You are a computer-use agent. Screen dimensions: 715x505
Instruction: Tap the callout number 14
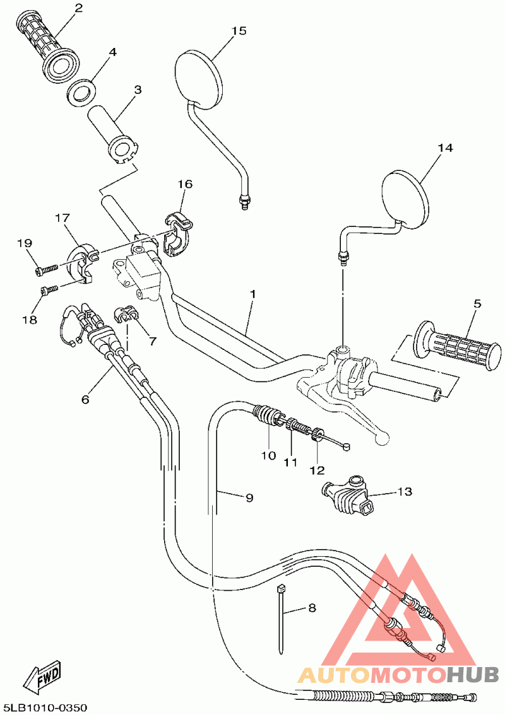click(446, 148)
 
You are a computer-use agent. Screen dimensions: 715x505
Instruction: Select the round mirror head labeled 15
click(199, 76)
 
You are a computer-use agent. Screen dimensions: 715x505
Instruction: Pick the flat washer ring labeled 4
click(81, 91)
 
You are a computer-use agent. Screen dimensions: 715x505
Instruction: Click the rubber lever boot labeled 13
click(347, 495)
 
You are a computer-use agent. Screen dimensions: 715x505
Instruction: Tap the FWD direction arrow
click(43, 679)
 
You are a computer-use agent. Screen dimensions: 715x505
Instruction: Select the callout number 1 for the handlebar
click(252, 294)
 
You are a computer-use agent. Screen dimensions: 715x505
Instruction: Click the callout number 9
click(249, 497)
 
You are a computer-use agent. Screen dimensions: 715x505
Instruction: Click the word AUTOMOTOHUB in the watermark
click(398, 675)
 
